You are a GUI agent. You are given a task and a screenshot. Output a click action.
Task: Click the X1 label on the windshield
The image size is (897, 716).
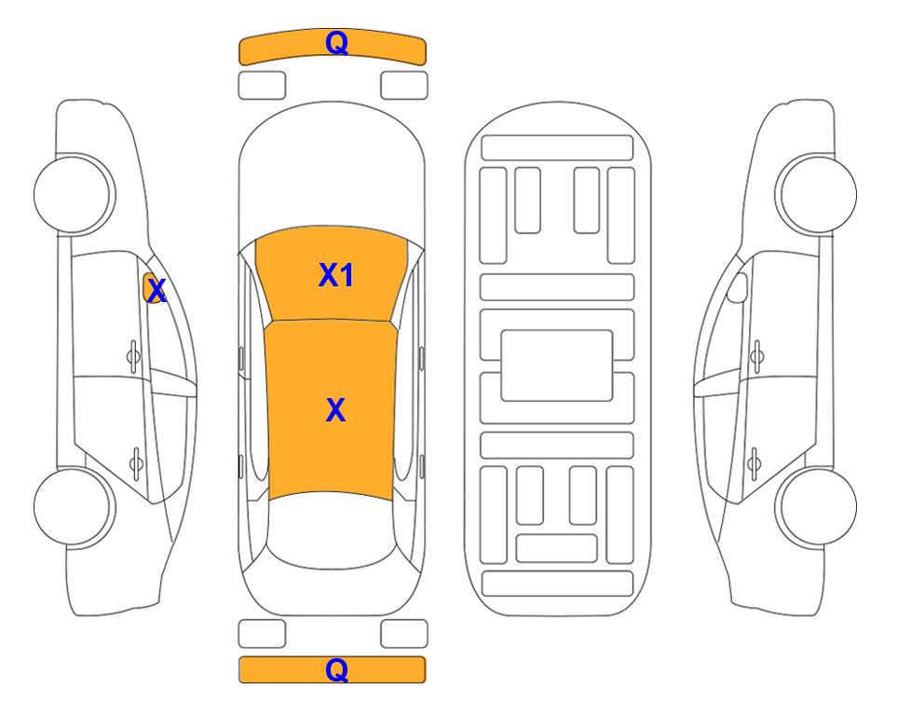tap(336, 275)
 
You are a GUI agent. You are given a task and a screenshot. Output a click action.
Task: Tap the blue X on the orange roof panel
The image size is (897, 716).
tap(336, 410)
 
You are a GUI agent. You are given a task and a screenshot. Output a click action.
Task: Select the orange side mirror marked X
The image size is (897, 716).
tap(153, 288)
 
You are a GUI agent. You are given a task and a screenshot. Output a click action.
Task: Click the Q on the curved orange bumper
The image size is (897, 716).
tap(336, 42)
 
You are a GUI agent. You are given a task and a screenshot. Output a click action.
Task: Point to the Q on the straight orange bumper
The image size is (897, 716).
tap(336, 669)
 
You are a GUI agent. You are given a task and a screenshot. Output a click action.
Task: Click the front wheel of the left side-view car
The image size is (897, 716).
tap(75, 194)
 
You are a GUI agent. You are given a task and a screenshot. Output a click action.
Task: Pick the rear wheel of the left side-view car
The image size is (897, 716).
tap(75, 506)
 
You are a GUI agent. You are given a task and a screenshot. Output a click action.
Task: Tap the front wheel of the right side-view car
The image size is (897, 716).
tap(816, 194)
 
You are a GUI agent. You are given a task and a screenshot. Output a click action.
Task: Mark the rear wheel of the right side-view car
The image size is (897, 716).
tap(816, 506)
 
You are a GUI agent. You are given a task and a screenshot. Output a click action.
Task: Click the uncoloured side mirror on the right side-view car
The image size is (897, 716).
tap(738, 287)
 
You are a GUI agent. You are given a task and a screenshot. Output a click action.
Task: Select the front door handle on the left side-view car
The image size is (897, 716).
tap(133, 357)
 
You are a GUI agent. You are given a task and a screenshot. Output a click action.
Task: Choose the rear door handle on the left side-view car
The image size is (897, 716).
tap(136, 462)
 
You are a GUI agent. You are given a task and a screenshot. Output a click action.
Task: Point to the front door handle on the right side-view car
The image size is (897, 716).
tap(757, 357)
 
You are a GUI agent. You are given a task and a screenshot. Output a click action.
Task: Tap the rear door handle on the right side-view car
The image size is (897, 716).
tap(754, 462)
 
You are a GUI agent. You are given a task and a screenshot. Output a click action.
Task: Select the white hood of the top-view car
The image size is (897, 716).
tap(332, 166)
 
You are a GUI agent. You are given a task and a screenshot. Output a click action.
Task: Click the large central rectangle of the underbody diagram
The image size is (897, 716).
tap(557, 365)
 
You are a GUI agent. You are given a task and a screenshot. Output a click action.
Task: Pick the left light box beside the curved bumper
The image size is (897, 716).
tap(262, 86)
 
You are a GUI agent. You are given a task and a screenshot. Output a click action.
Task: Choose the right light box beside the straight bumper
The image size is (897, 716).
tap(404, 634)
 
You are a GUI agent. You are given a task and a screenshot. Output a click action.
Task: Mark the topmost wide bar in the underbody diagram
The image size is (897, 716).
tap(557, 148)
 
